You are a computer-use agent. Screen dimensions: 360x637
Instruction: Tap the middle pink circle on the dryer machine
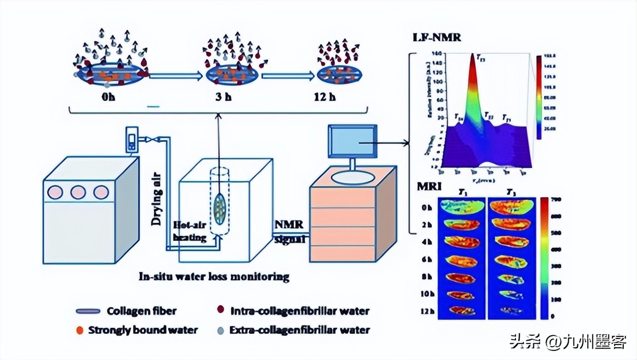78,192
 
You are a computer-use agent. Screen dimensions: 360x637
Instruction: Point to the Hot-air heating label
190,231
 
